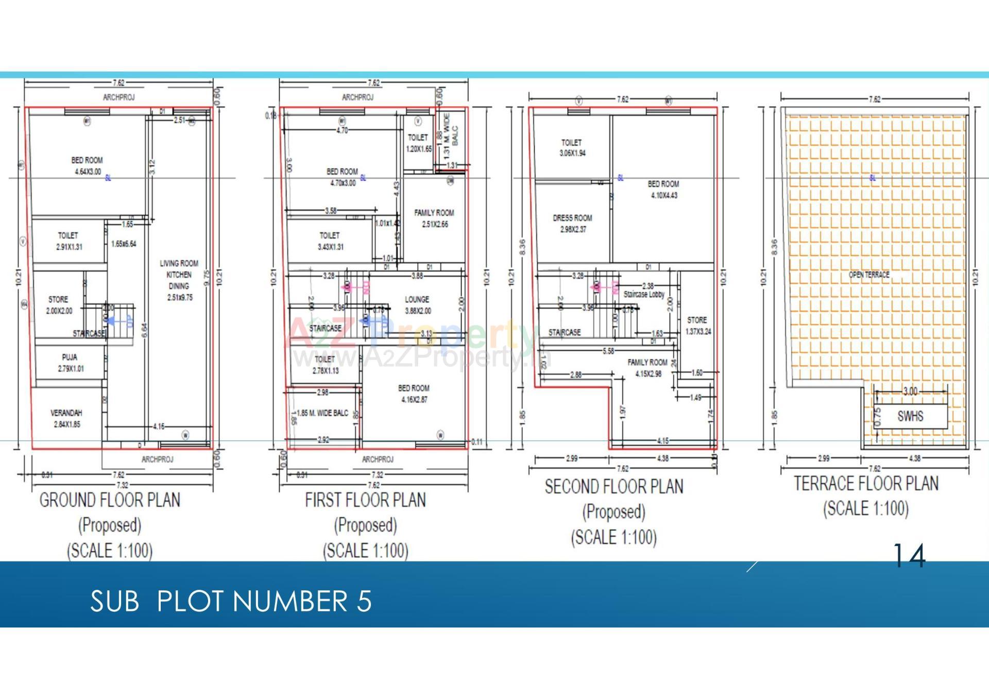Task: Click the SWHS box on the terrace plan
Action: [x=910, y=416]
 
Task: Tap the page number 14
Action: [x=909, y=556]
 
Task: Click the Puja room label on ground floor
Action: [x=70, y=363]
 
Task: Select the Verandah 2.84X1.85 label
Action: [x=66, y=418]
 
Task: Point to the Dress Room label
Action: [x=572, y=224]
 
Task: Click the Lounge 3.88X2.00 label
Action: [x=417, y=305]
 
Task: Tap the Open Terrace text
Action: [x=869, y=275]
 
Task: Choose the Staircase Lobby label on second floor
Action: [x=644, y=295]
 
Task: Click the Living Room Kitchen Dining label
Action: [x=179, y=280]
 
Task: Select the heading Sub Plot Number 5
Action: [x=231, y=601]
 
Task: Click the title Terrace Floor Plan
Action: [x=866, y=484]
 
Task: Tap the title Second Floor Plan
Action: [x=614, y=487]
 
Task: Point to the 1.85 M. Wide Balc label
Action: [x=322, y=413]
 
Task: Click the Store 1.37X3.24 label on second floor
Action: [x=697, y=326]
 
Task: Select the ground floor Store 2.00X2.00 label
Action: [x=59, y=305]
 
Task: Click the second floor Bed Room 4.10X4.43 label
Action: [x=663, y=190]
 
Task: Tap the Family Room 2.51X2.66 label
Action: [x=434, y=218]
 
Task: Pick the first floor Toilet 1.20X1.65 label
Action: [x=418, y=143]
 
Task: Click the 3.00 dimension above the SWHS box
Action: [x=910, y=391]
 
